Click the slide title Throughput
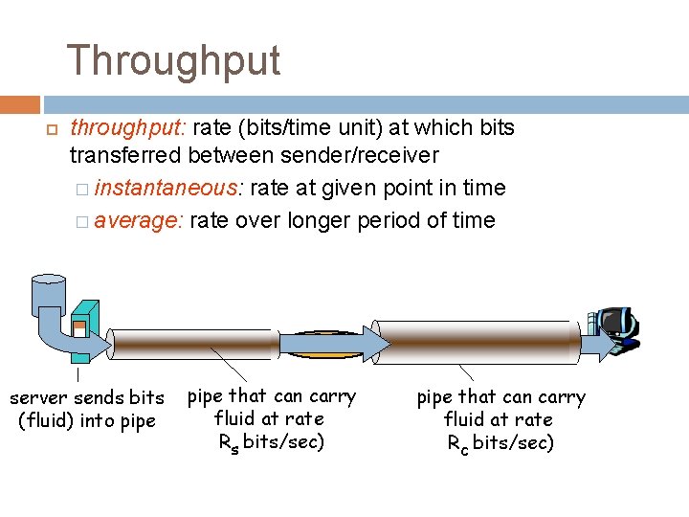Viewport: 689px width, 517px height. [x=173, y=60]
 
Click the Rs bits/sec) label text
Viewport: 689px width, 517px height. [x=272, y=441]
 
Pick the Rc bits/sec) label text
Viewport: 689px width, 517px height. [x=500, y=442]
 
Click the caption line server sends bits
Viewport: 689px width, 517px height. [x=87, y=397]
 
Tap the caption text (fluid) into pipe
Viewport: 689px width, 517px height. [x=87, y=420]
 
